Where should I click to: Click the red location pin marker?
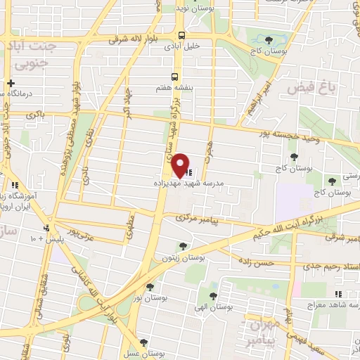point(181,165)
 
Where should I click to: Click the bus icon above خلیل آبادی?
point(182,35)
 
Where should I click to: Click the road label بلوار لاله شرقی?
point(137,41)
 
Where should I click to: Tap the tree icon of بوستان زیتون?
point(183,246)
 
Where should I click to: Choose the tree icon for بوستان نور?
point(150,286)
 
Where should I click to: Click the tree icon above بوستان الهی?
point(214,296)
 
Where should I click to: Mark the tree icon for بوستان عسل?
point(144,342)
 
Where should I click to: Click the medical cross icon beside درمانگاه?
point(10,83)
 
